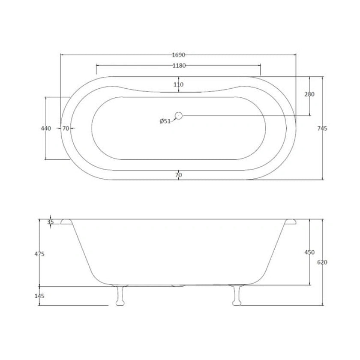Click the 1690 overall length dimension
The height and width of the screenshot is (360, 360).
tap(178, 55)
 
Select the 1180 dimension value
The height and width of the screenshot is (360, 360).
tap(178, 66)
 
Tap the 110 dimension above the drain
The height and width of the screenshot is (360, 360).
tap(178, 84)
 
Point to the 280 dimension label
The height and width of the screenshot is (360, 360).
tap(309, 94)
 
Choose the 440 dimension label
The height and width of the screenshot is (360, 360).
tap(46, 128)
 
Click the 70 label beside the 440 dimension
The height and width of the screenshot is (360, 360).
tap(66, 128)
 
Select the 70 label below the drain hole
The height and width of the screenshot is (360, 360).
tap(178, 175)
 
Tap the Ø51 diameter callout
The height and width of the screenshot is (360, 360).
tap(165, 121)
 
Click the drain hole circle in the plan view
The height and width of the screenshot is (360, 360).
tap(179, 115)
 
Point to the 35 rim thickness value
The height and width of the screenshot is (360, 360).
tap(51, 222)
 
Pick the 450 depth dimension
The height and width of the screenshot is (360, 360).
tap(309, 252)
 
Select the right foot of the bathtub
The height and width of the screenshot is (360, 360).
tap(235, 296)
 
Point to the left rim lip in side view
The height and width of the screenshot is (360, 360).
tap(66, 221)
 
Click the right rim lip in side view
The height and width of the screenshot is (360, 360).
tap(290, 221)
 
